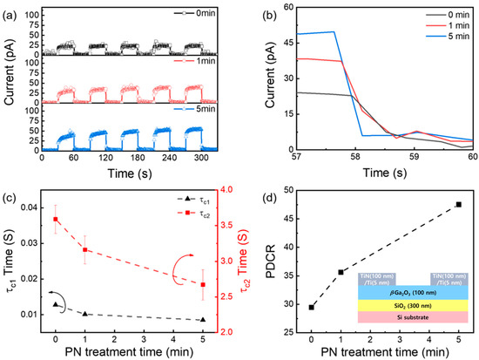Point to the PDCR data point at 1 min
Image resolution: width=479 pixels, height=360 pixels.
coord(341,272)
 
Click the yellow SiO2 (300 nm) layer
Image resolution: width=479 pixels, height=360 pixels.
coord(395,304)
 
